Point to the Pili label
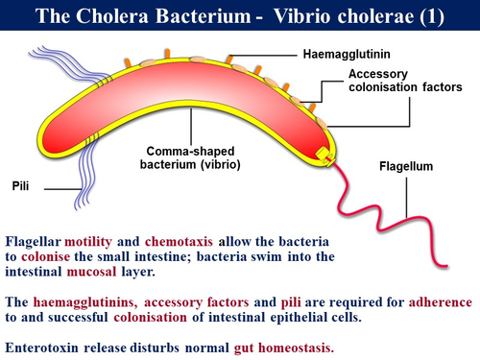click(x=19, y=185)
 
